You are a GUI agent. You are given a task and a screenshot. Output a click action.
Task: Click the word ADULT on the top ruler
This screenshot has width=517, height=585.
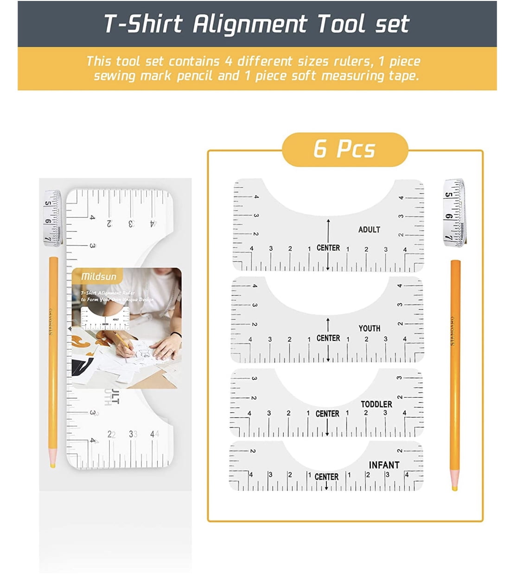(x=369, y=229)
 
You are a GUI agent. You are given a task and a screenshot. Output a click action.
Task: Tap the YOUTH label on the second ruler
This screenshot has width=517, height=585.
(x=369, y=328)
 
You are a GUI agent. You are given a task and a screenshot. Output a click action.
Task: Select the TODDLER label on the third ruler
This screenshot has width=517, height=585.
(x=376, y=404)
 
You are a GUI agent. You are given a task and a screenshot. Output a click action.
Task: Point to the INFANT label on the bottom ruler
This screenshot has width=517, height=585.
(x=383, y=465)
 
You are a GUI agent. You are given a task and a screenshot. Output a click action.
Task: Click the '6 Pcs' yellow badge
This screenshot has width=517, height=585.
(x=345, y=149)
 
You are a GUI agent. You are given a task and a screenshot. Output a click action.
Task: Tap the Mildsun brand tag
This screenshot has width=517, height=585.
(x=98, y=277)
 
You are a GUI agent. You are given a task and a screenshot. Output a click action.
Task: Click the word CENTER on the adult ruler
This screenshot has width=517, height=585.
(x=328, y=248)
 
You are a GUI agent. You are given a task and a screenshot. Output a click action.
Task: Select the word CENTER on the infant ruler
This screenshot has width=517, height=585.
(x=326, y=477)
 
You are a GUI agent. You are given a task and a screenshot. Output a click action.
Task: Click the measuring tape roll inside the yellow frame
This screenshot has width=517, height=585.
(x=454, y=212)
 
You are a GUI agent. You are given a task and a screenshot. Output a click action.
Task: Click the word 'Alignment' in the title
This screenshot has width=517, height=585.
(x=249, y=24)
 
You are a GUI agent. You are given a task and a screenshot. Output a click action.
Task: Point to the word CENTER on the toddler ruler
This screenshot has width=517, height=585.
(x=327, y=414)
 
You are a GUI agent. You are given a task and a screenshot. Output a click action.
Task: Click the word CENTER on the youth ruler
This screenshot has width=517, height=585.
(x=328, y=338)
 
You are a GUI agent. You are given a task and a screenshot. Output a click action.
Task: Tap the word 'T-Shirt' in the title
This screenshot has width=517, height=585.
(x=143, y=24)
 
